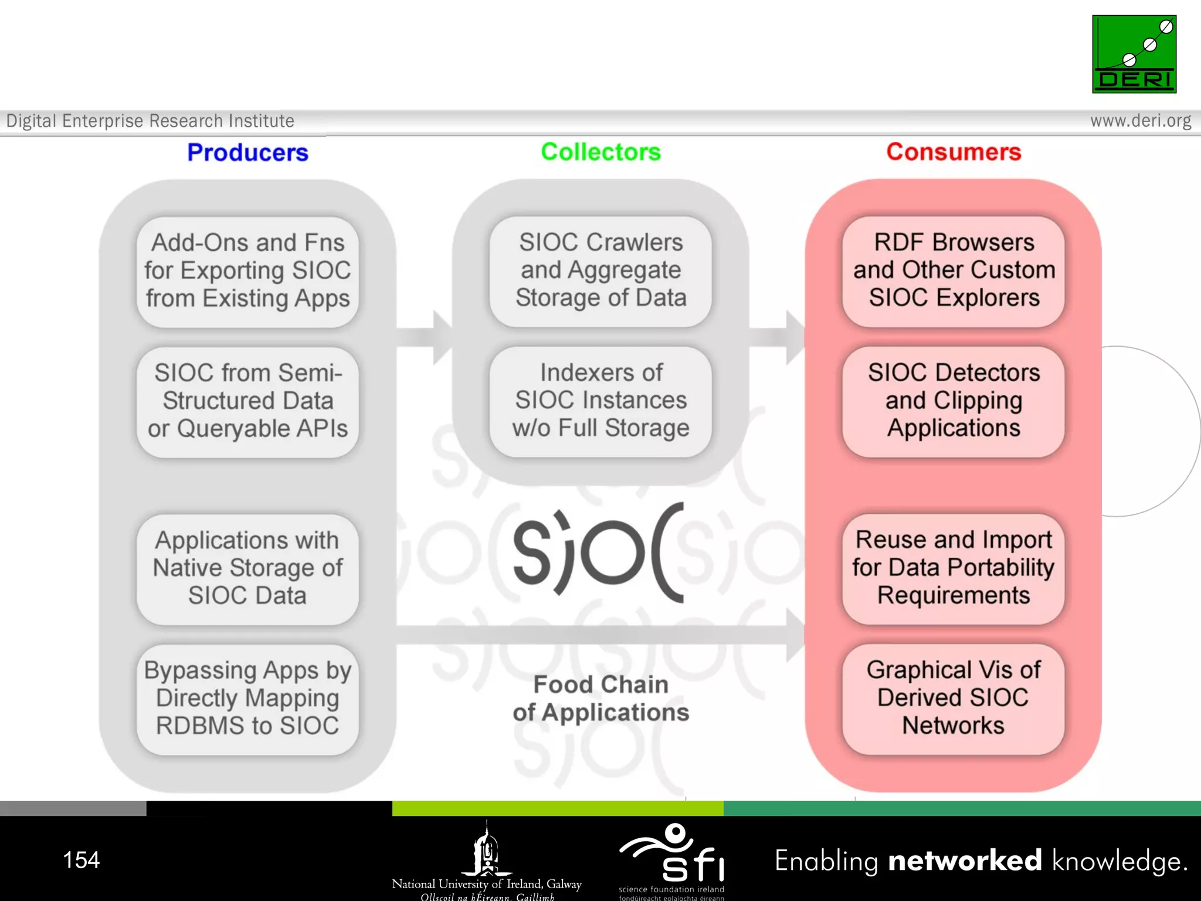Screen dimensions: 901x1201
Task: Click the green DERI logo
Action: click(x=1134, y=54)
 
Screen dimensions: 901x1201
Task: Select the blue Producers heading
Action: click(x=247, y=153)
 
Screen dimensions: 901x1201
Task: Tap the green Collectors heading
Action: click(x=600, y=152)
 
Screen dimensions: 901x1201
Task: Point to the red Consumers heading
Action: click(x=954, y=152)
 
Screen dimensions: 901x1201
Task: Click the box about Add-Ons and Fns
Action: click(x=247, y=271)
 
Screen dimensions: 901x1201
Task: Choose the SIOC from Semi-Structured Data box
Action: click(x=247, y=401)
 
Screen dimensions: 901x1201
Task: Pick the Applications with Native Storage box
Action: click(x=247, y=568)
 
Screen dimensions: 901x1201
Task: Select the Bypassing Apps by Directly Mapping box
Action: click(x=247, y=698)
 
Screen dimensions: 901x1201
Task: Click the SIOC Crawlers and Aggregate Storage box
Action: click(x=600, y=270)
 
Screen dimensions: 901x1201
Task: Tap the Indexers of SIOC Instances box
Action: click(x=600, y=401)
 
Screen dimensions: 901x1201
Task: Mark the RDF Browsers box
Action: click(x=954, y=270)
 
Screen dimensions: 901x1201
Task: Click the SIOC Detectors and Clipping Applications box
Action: click(x=954, y=401)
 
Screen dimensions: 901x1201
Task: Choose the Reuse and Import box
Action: click(x=954, y=568)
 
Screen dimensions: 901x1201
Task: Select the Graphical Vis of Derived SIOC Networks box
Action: click(x=954, y=698)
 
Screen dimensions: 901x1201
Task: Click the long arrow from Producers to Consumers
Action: click(x=598, y=635)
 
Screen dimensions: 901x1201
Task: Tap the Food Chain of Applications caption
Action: click(x=600, y=699)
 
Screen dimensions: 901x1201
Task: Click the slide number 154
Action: click(x=81, y=860)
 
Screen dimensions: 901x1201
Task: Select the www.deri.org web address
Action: click(x=1140, y=121)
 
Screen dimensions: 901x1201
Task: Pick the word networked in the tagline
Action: click(x=965, y=861)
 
